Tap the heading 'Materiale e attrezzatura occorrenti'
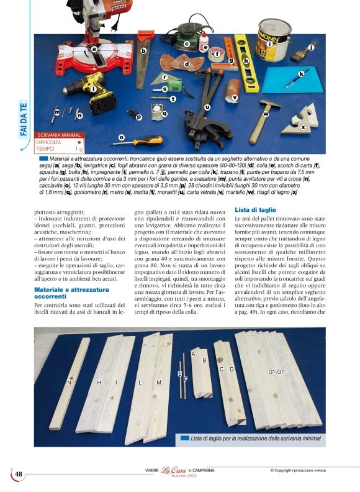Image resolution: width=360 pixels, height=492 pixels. (x=68, y=293)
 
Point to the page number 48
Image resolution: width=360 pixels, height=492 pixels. (x=19, y=475)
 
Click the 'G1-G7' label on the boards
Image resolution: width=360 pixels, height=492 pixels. (x=276, y=371)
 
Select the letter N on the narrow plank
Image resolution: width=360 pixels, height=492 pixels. (x=69, y=383)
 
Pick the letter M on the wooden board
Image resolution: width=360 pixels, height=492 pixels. (x=159, y=383)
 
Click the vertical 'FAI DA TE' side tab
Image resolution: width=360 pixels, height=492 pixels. (x=24, y=119)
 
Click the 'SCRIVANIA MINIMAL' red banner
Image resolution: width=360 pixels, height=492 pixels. (x=60, y=135)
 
